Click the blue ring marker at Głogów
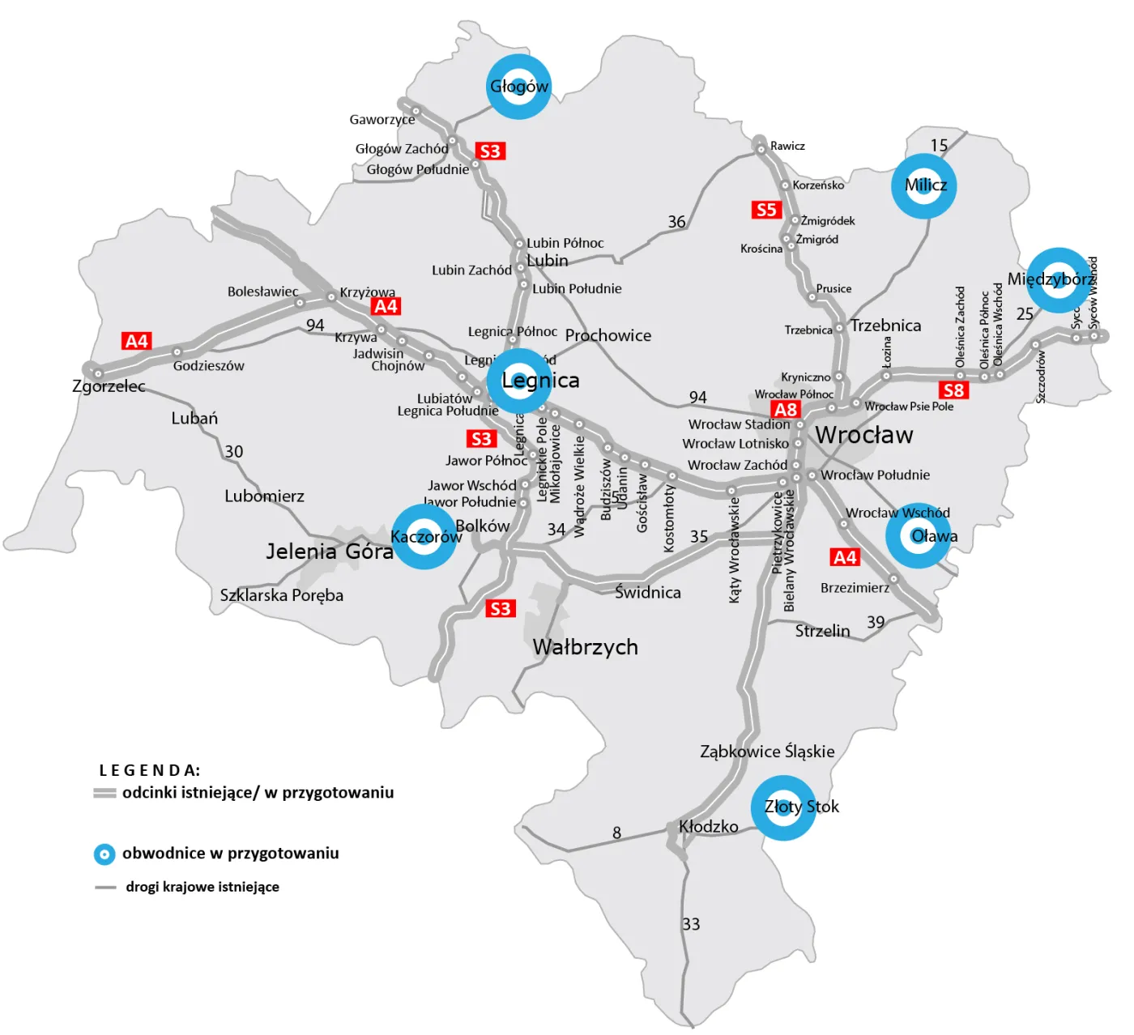[x=518, y=87]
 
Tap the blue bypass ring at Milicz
[x=924, y=186]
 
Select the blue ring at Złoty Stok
[x=783, y=807]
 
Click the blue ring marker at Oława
[x=918, y=536]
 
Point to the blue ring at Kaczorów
[x=424, y=537]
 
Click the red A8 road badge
[x=785, y=410]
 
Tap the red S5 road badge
[x=765, y=211]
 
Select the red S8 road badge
[x=953, y=390]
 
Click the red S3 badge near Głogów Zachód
[x=489, y=151]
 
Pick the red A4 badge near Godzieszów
[x=137, y=341]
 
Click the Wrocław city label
[x=863, y=435]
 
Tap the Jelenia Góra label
[x=330, y=552]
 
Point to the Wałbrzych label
[x=585, y=647]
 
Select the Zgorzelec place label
[x=109, y=386]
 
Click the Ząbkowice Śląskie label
[x=767, y=752]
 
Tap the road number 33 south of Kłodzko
[x=691, y=924]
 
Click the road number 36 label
[x=676, y=222]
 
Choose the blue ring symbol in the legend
[x=104, y=854]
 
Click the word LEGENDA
[x=149, y=770]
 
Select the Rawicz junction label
[x=787, y=146]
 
